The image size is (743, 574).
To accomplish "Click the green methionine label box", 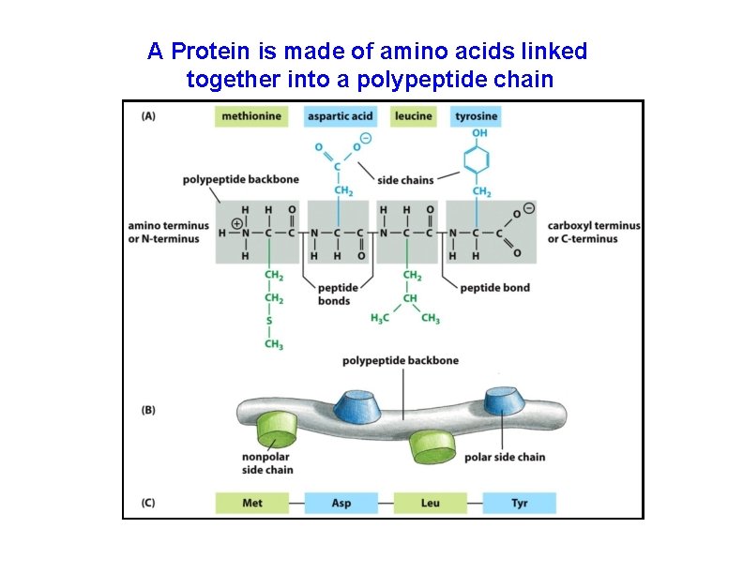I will [251, 116].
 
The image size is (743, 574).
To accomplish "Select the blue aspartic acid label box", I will [341, 116].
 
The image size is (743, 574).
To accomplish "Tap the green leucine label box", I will [413, 116].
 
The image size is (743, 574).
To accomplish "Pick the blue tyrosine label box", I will [476, 116].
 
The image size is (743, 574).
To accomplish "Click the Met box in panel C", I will [251, 503].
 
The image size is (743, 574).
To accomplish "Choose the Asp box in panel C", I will [341, 503].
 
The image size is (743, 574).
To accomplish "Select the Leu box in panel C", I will [430, 503].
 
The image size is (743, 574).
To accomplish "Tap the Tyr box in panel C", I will [519, 503].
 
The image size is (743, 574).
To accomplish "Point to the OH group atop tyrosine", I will [479, 134].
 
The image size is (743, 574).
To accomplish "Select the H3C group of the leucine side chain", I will [380, 319].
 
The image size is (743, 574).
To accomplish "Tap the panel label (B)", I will [148, 410].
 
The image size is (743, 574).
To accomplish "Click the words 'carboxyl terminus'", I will [594, 225].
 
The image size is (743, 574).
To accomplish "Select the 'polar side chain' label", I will [504, 458].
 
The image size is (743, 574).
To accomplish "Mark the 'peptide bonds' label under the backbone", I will [334, 295].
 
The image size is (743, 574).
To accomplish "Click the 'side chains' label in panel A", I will [404, 179].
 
